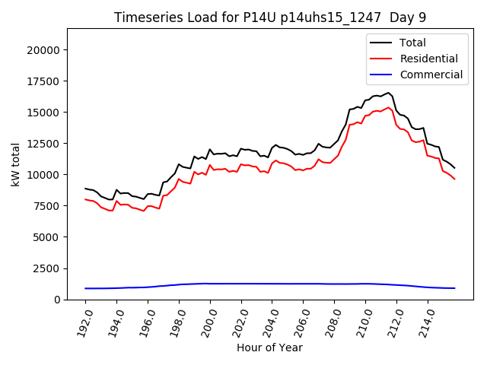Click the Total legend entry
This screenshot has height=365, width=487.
[412, 43]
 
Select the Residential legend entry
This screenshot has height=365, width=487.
[428, 59]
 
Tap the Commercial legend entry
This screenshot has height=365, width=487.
[431, 75]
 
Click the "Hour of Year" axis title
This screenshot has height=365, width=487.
[269, 348]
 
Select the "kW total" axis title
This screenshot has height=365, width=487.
[15, 164]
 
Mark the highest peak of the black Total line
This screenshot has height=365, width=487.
[388, 93]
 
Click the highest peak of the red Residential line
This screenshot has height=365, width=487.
[388, 107]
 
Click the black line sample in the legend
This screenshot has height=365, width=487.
[383, 43]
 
